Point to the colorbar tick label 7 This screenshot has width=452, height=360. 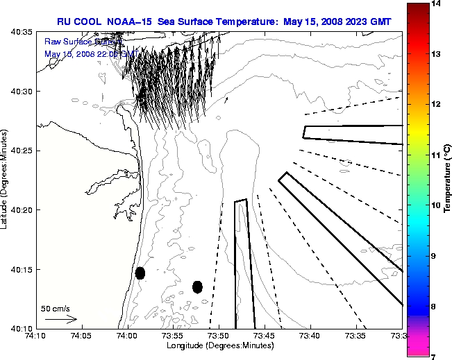click(437, 356)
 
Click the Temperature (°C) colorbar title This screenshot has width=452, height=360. click(448, 180)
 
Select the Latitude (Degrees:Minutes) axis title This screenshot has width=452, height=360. click(6, 180)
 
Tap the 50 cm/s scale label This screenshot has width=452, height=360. click(56, 308)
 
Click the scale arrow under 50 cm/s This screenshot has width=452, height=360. click(61, 319)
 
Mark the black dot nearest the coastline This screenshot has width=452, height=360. click(140, 273)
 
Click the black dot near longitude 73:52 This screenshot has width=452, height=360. click(197, 286)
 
